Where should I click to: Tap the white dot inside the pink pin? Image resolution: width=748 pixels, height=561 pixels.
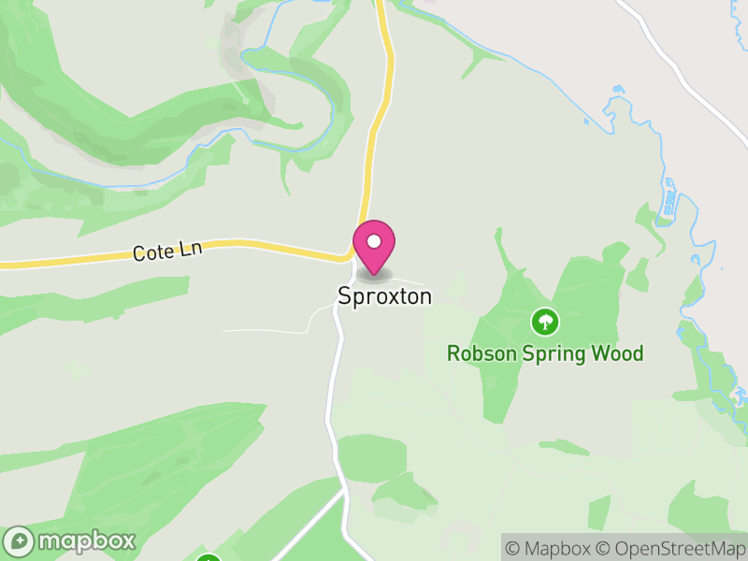click(x=374, y=241)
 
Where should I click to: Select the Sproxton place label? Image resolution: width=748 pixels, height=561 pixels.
click(x=384, y=296)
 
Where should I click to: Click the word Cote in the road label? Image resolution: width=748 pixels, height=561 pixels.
click(x=151, y=252)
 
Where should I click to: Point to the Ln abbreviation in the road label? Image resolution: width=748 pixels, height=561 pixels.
click(x=191, y=248)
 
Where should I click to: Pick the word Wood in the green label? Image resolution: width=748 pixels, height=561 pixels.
click(x=620, y=353)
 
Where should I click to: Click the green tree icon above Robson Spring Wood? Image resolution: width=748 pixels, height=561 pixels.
click(x=544, y=323)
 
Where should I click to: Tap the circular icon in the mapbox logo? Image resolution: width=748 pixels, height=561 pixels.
click(x=21, y=540)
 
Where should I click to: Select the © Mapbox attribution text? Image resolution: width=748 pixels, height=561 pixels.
click(x=548, y=548)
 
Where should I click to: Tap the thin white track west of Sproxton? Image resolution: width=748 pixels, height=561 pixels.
click(x=271, y=330)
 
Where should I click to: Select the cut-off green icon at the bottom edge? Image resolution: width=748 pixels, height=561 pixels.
click(x=208, y=557)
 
